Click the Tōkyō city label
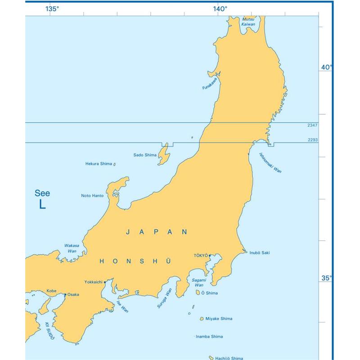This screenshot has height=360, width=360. coord(200,255)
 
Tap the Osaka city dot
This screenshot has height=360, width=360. coord(65,295)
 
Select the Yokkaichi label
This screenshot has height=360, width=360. coord(94,282)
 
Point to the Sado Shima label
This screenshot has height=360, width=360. coord(145,155)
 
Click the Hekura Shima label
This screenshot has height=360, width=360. coord(99,164)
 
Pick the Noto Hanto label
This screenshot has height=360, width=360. coord(92,196)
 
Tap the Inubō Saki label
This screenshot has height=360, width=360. coord(260,252)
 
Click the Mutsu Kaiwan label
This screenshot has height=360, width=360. coord(248,22)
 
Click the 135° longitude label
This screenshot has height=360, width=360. coord(52,9)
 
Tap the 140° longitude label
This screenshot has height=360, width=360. coord(220,9)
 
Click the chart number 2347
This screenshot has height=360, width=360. coord(313,126)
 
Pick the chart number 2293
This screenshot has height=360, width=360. coord(313,140)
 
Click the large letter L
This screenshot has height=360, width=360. coord(42,204)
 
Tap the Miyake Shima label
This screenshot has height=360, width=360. coord(219,319)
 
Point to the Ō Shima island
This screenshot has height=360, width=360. coord(198,292)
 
